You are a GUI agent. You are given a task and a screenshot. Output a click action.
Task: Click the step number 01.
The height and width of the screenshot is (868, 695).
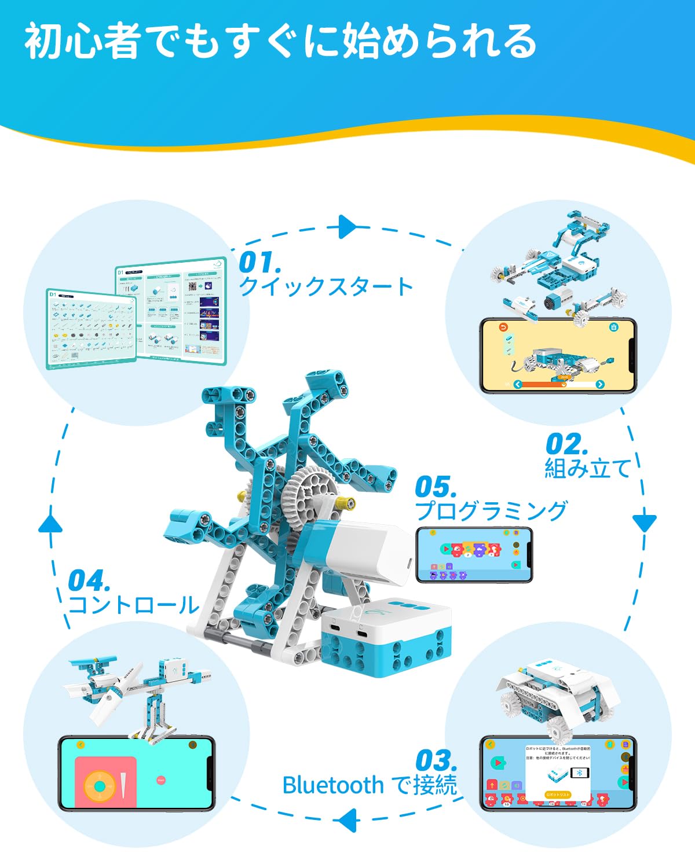(x=259, y=263)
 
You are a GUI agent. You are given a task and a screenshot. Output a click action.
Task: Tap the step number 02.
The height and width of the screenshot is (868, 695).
(x=566, y=444)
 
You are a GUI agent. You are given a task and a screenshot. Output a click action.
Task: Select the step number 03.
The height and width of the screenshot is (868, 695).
(x=436, y=760)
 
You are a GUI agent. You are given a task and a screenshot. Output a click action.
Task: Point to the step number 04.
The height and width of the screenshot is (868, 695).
(x=89, y=581)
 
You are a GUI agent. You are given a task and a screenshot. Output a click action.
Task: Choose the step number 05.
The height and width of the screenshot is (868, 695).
(x=436, y=487)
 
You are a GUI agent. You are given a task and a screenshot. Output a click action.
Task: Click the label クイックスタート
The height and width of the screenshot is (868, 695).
(x=326, y=286)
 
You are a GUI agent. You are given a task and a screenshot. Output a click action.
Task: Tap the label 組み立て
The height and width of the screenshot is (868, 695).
(x=587, y=468)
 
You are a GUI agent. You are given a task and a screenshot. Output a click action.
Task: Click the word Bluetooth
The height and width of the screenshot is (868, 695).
(x=333, y=785)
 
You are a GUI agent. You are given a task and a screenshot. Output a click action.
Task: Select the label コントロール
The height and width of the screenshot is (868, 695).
(x=134, y=605)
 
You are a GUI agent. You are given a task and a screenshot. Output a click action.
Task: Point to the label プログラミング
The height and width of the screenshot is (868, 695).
(x=491, y=511)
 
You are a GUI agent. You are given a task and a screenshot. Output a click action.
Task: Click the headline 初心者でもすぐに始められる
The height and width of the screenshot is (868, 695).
(x=281, y=42)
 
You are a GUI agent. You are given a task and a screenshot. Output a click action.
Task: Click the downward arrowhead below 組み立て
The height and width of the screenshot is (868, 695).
(x=644, y=522)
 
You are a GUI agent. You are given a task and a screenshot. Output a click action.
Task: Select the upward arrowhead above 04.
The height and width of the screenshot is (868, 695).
(x=50, y=524)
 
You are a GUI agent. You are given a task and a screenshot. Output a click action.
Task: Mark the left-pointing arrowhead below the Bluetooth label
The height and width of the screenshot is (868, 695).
(x=346, y=821)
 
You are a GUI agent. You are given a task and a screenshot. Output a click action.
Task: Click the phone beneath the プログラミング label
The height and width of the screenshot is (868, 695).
(x=474, y=554)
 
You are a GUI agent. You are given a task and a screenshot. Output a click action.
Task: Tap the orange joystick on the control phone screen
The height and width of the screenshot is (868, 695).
(x=100, y=786)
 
